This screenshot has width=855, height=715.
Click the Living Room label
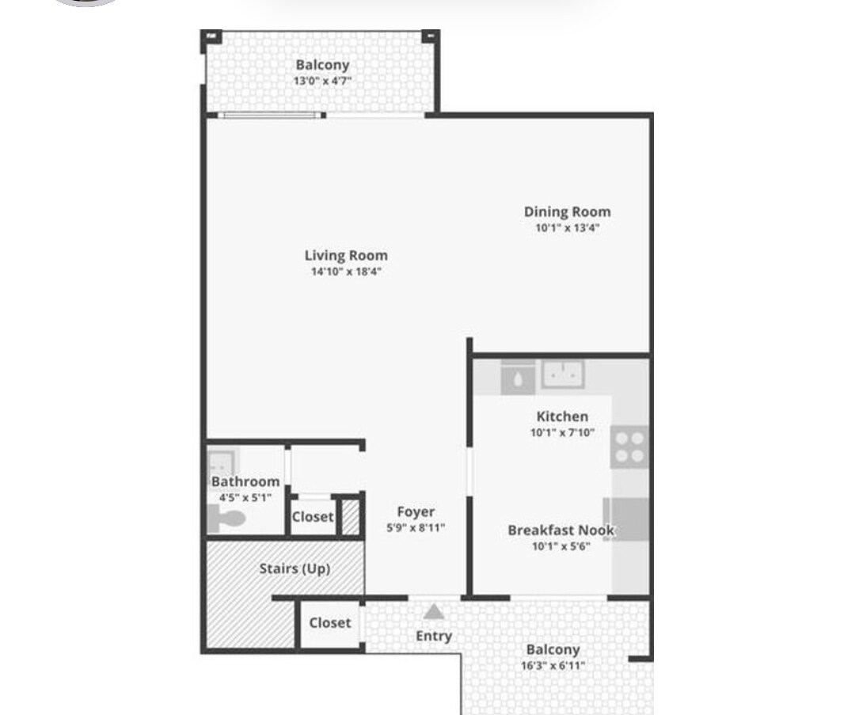coord(346,256)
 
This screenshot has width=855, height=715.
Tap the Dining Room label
coord(567,211)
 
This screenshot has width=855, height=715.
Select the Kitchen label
coord(562,416)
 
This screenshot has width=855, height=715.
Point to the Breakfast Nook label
coord(560,530)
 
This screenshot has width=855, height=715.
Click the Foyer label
coord(416,512)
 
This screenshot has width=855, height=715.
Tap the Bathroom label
coord(245,481)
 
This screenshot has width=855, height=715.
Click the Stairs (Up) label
coord(294,569)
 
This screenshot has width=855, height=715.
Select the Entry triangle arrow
coord(433,611)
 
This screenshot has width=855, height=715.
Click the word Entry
coord(434,636)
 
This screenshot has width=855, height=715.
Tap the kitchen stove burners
coord(629,447)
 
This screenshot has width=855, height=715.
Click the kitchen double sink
coord(563,374)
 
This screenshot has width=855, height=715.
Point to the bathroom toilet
coord(227,519)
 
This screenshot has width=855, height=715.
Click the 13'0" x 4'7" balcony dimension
coord(322,81)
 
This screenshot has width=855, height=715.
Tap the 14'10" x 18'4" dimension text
coord(346,272)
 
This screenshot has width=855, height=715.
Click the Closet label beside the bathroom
coord(313,517)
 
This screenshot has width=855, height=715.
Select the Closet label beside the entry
coord(330,623)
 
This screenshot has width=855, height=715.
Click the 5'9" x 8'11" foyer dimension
coord(416,527)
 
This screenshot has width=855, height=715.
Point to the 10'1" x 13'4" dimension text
coord(567,228)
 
